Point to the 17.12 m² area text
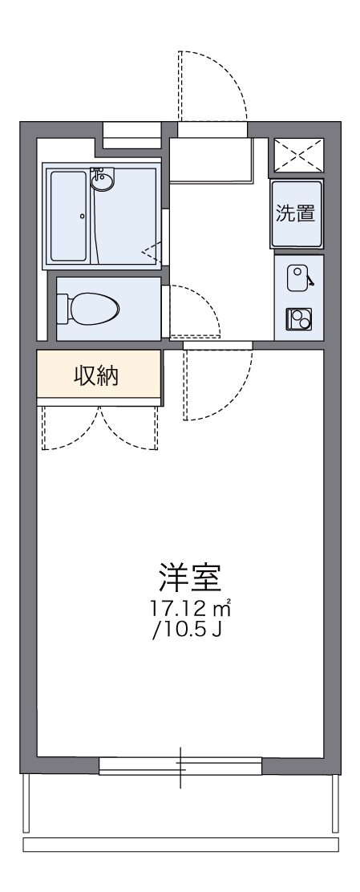189,607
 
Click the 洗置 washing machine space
296,213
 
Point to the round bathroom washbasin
102,180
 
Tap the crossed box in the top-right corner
298,154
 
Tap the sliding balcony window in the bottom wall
180,768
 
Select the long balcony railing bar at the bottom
180,845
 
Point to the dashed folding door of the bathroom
152,253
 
